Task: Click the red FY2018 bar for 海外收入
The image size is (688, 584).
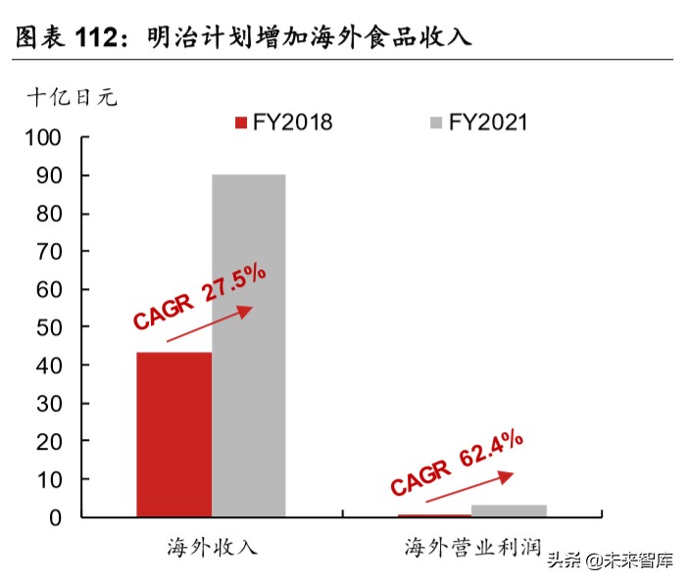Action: (x=174, y=433)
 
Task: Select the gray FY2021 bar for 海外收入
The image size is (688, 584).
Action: (x=249, y=345)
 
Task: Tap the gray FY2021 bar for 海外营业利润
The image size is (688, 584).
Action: (x=509, y=511)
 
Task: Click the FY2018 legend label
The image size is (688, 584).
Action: (x=292, y=122)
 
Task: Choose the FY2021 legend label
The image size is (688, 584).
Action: (x=488, y=122)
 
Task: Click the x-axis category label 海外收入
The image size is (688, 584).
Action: (x=212, y=547)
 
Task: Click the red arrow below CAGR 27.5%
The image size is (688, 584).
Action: (x=209, y=324)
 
